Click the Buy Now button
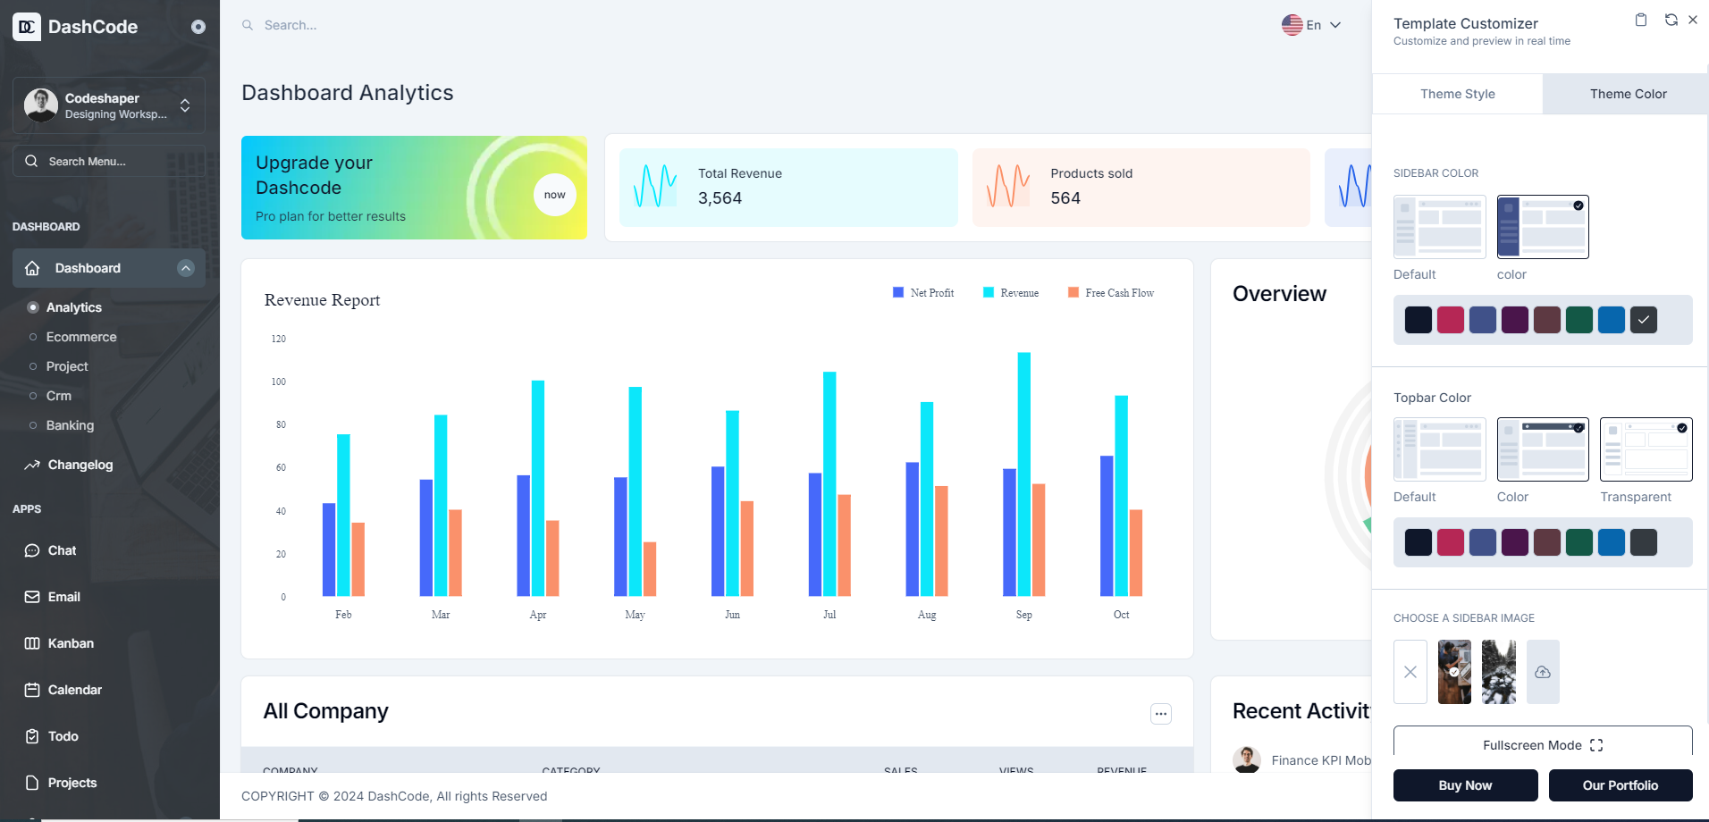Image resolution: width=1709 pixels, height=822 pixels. click(1465, 785)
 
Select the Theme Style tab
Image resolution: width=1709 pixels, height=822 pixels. click(1457, 94)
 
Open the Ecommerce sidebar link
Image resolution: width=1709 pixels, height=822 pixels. click(81, 337)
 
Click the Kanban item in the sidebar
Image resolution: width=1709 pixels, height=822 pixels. click(71, 643)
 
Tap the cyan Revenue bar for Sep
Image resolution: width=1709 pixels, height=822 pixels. click(1024, 474)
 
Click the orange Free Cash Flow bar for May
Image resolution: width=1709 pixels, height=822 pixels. click(650, 568)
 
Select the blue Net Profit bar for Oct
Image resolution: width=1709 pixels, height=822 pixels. click(1107, 525)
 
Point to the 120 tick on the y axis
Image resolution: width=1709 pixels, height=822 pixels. click(279, 339)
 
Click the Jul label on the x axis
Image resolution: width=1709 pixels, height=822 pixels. click(829, 615)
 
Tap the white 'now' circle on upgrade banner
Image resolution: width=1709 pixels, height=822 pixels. click(555, 195)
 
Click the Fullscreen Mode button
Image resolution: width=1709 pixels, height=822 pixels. click(1543, 745)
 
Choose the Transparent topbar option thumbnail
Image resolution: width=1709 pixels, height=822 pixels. click(1646, 449)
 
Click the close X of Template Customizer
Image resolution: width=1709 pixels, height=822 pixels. click(1693, 20)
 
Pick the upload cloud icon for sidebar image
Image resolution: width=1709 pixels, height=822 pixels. click(1543, 672)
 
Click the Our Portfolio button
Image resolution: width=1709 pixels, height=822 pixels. click(1620, 785)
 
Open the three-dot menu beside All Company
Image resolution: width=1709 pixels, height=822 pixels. click(1161, 713)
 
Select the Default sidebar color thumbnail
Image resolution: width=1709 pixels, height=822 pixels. click(1439, 227)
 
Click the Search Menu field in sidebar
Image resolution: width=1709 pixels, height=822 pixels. click(109, 162)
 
